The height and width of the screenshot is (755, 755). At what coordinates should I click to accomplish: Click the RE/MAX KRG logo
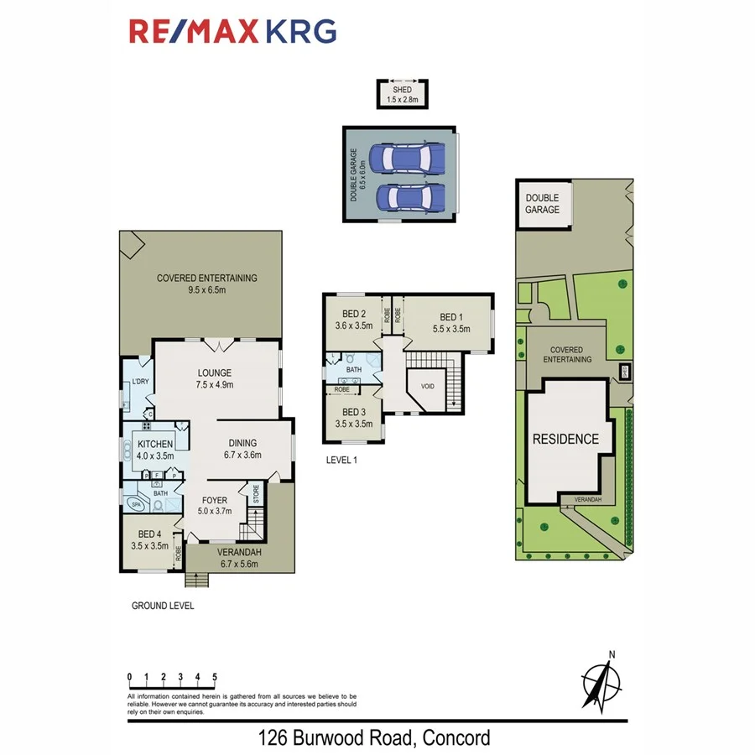tap(232, 31)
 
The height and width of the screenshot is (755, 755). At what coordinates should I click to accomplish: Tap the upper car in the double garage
tap(409, 157)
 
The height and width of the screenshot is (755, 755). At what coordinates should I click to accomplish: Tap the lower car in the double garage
tap(409, 198)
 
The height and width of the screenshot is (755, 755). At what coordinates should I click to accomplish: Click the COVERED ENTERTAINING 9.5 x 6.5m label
tap(206, 284)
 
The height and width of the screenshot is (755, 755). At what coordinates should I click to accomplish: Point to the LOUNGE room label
tap(215, 378)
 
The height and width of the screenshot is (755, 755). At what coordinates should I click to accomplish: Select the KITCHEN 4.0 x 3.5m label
tap(155, 449)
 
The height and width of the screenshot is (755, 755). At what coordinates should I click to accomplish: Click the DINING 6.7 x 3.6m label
tap(242, 449)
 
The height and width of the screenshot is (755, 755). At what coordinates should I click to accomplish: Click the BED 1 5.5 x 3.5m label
tap(450, 322)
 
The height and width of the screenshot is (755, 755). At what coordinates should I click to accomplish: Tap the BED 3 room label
tap(352, 417)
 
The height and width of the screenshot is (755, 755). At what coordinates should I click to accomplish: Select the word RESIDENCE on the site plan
tap(566, 439)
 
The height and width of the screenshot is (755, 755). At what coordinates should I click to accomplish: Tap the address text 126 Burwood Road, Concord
tap(373, 738)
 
